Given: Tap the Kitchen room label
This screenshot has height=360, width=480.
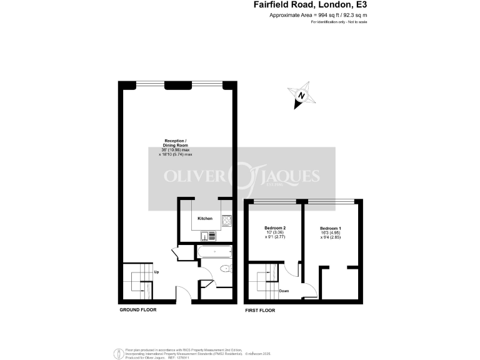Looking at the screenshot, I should (205, 219).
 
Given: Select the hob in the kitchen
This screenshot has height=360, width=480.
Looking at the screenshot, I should (226, 220).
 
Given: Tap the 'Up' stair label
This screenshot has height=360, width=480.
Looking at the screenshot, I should (156, 272).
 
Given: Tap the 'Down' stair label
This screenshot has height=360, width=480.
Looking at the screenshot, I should (284, 291).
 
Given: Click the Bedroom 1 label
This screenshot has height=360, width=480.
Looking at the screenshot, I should (330, 229).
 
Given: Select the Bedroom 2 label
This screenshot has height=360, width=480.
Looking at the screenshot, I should (275, 228).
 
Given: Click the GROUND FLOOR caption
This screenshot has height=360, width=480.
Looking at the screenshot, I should (137, 310).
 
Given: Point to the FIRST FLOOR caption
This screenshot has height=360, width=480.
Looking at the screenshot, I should (259, 310).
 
